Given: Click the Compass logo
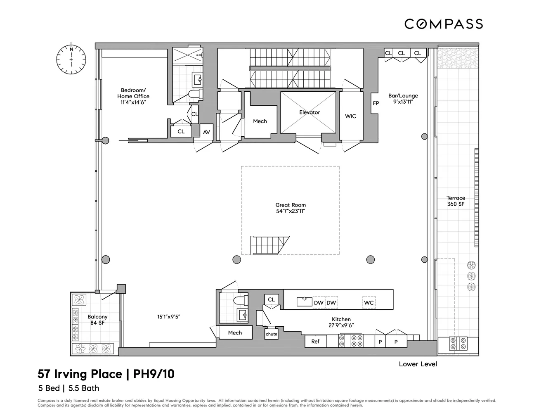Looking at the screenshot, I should pyautogui.click(x=443, y=24).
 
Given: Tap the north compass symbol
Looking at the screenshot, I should pyautogui.click(x=71, y=57).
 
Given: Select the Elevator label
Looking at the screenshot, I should pyautogui.click(x=310, y=112).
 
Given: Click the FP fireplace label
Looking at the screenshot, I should pyautogui.click(x=376, y=103).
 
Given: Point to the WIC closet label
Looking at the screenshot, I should pyautogui.click(x=350, y=116).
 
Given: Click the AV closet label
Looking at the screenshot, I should pyautogui.click(x=206, y=132).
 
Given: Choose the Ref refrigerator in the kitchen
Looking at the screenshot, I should pyautogui.click(x=315, y=342).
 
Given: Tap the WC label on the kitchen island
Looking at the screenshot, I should pyautogui.click(x=369, y=303).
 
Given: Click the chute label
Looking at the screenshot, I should pyautogui.click(x=272, y=334).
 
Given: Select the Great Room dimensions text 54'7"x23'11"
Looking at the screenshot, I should pyautogui.click(x=291, y=211).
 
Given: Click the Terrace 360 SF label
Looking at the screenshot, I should pyautogui.click(x=456, y=201).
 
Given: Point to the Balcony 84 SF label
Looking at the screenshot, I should pyautogui.click(x=97, y=320).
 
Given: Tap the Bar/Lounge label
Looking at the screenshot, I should pyautogui.click(x=403, y=98).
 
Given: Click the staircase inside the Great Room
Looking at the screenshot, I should pyautogui.click(x=270, y=245).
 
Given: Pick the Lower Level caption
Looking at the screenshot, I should pyautogui.click(x=418, y=364).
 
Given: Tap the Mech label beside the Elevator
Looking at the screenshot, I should pyautogui.click(x=260, y=121).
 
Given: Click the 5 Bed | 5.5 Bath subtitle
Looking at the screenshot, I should pyautogui.click(x=69, y=388).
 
